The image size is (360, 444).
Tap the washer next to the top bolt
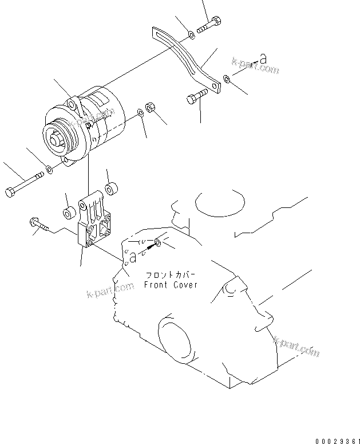tap(191, 36)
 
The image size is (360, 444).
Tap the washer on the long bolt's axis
tap(50, 169)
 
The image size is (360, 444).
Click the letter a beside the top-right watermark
tap(263, 58)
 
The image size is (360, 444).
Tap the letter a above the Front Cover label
tap(132, 258)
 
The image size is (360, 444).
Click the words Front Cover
tap(170, 285)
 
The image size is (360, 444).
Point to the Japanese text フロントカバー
tap(171, 274)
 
